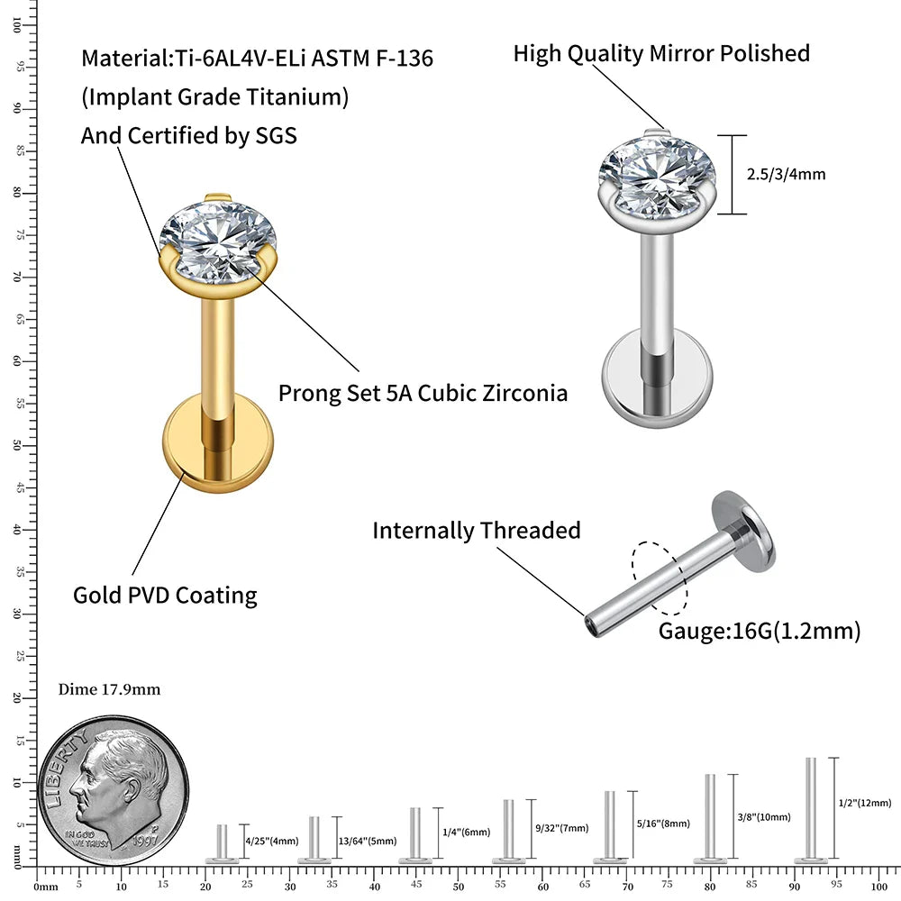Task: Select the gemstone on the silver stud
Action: (659, 172)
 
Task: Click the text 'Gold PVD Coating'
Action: (165, 596)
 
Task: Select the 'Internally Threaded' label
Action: (477, 531)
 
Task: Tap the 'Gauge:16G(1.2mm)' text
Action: (760, 632)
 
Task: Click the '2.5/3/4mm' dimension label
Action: (786, 175)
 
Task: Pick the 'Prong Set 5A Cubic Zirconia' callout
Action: (423, 394)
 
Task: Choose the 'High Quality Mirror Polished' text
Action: (661, 53)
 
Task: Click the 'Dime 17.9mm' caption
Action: (109, 690)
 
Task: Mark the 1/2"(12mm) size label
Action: (865, 803)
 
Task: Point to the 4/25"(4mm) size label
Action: (271, 842)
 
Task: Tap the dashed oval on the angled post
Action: (660, 578)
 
